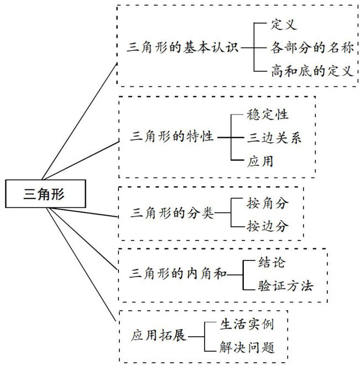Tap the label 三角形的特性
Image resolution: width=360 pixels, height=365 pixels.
(173, 137)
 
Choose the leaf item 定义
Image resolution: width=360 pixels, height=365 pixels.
(285, 24)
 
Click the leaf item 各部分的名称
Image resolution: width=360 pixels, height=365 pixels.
(312, 48)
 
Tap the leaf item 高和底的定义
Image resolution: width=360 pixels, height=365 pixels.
(312, 71)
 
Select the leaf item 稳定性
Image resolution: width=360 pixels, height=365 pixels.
(268, 114)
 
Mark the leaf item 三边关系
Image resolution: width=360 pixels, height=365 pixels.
(274, 137)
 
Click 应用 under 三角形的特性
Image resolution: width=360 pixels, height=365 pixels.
(260, 161)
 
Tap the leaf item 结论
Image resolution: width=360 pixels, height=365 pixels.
(272, 262)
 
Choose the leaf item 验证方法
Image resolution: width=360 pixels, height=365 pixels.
(285, 286)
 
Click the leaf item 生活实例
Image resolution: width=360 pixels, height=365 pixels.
(239, 324)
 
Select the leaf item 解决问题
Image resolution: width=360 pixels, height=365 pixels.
(239, 348)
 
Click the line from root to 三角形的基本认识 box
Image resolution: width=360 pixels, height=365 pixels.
(80, 122)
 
